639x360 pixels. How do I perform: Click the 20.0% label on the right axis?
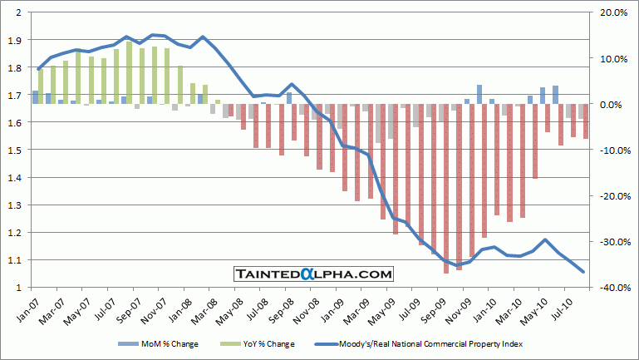pyautogui.click(x=610, y=12)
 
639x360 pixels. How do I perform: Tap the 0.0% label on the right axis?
pyautogui.click(x=612, y=104)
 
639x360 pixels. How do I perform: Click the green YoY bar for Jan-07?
pyautogui.click(x=40, y=86)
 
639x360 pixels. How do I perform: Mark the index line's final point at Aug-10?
pyautogui.click(x=583, y=271)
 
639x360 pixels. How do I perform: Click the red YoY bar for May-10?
pyautogui.click(x=548, y=118)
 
